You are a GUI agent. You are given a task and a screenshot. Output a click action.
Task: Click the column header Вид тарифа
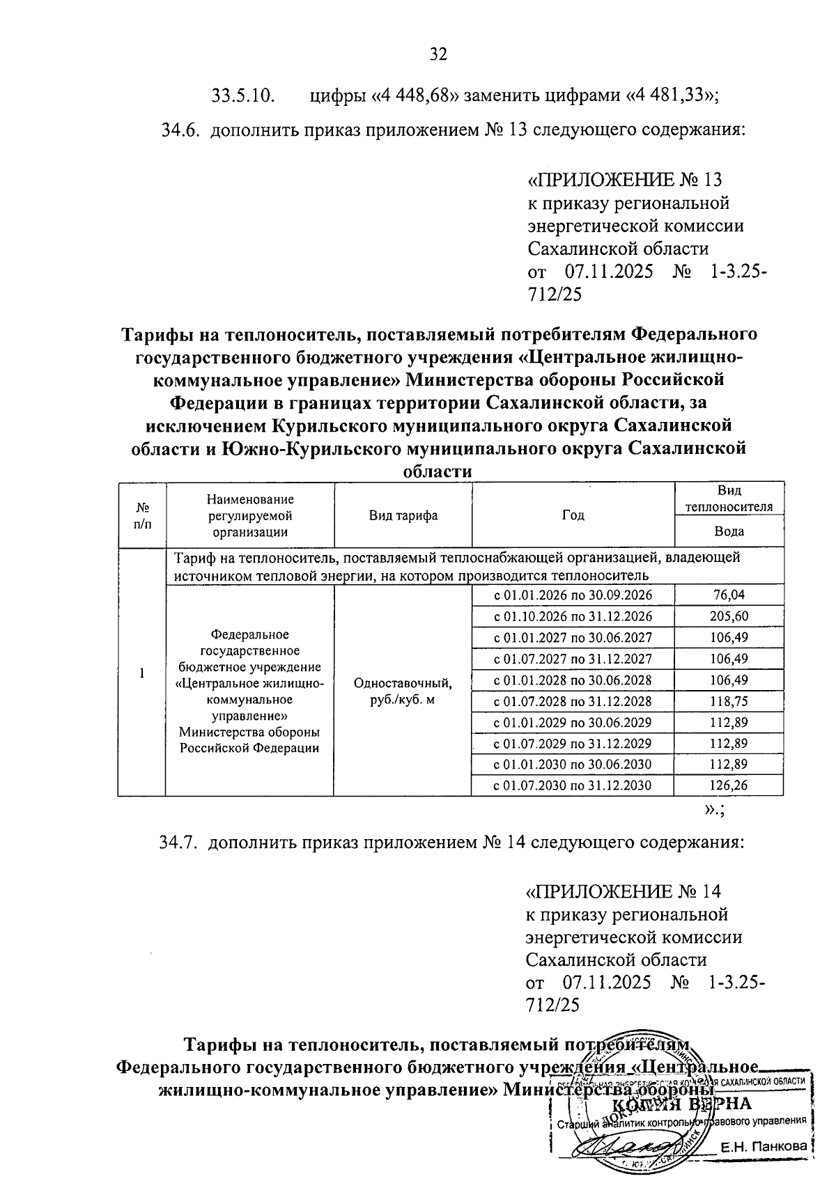[403, 516]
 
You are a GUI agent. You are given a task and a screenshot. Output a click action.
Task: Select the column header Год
[573, 516]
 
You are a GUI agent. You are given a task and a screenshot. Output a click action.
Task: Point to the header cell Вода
[729, 532]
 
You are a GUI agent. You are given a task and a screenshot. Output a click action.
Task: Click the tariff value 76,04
[729, 595]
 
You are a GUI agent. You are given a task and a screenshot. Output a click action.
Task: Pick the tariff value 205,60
[729, 617]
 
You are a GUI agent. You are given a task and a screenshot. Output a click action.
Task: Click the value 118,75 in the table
[729, 702]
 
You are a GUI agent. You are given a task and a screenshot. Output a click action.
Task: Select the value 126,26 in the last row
[729, 786]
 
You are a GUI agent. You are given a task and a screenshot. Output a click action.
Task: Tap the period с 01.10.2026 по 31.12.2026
[573, 617]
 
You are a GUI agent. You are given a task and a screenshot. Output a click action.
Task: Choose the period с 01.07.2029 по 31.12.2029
[573, 744]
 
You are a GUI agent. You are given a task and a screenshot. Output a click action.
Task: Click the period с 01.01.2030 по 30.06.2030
[573, 765]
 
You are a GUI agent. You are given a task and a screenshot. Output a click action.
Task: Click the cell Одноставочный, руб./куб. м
[403, 691]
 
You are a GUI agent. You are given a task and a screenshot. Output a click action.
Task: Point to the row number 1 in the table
[141, 674]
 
